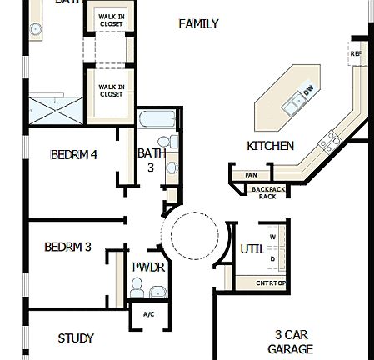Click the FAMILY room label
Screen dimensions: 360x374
pyautogui.click(x=199, y=24)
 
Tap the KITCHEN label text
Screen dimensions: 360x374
pyautogui.click(x=270, y=146)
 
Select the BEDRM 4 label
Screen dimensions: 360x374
pyautogui.click(x=73, y=154)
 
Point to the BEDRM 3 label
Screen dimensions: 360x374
pyautogui.click(x=67, y=247)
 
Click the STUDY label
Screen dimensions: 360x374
pyautogui.click(x=76, y=338)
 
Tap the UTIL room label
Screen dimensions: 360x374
pyautogui.click(x=252, y=248)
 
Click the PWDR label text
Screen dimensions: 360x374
pyautogui.click(x=148, y=267)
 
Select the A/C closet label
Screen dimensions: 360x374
pyautogui.click(x=149, y=314)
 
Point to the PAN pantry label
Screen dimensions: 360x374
pyautogui.click(x=251, y=175)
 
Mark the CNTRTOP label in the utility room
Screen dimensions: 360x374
pyautogui.click(x=271, y=283)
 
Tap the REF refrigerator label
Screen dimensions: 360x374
pyautogui.click(x=356, y=54)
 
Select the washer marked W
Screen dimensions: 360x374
pyautogui.click(x=272, y=237)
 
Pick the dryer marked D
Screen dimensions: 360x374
pyautogui.click(x=272, y=258)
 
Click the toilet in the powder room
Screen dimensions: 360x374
pyautogui.click(x=136, y=287)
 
